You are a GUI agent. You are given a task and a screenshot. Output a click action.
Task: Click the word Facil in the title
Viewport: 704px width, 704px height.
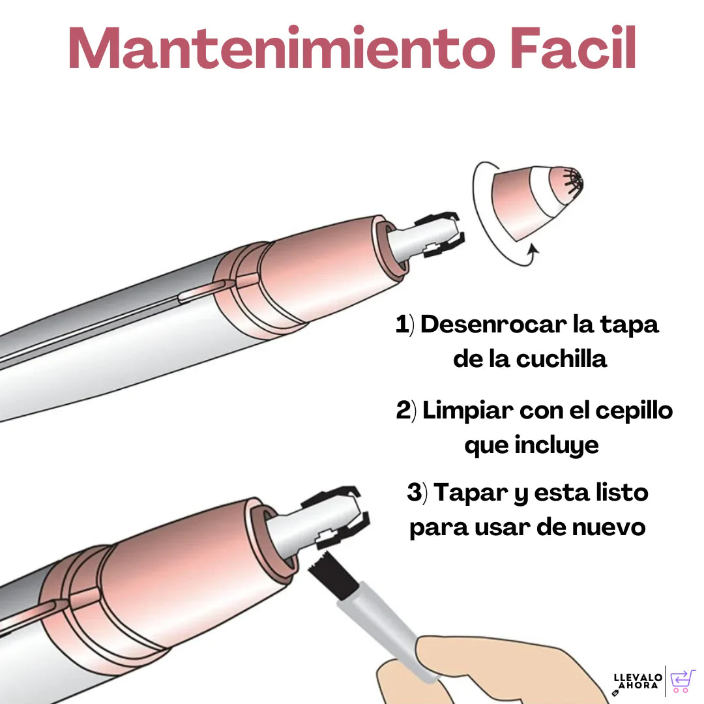(574, 47)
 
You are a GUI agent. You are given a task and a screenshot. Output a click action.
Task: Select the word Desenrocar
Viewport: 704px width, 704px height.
(493, 324)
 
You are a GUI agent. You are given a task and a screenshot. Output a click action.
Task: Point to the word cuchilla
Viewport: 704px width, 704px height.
(561, 359)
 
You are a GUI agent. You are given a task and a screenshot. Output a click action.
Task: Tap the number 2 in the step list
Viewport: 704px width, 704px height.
(403, 410)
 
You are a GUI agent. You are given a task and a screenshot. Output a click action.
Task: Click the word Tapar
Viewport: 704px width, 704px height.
(471, 493)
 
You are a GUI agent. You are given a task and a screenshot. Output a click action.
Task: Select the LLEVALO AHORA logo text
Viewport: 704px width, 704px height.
(638, 681)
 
